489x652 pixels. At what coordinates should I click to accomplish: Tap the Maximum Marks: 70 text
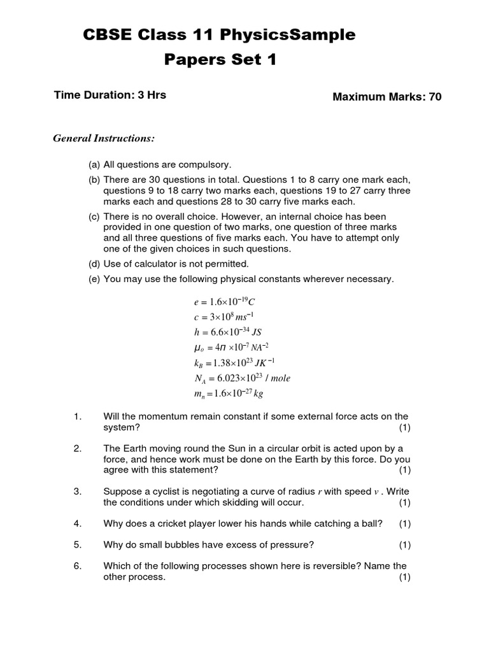(387, 97)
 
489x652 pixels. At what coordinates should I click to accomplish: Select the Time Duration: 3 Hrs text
(110, 95)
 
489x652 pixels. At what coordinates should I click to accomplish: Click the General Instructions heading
(104, 138)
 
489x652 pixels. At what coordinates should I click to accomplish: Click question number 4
(78, 523)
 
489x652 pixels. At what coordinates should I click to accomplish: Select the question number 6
(78, 565)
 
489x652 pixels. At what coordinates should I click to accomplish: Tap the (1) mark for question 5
(405, 544)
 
